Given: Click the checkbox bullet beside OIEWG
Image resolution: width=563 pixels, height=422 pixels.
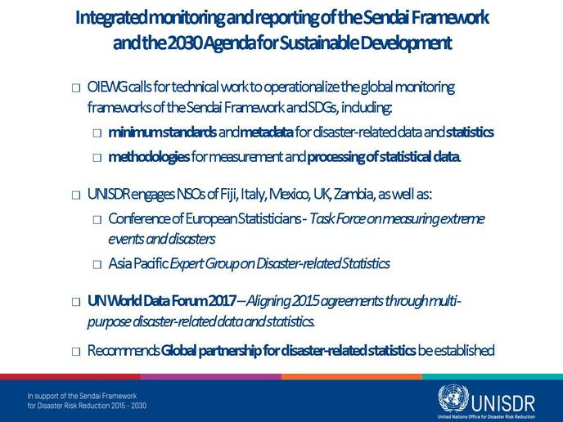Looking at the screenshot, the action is [x=76, y=88].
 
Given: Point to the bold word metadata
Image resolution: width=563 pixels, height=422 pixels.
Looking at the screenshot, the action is [x=267, y=132].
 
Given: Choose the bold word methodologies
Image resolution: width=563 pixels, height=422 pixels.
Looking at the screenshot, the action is [x=149, y=157].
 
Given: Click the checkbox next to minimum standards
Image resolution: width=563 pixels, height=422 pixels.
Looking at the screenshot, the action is [x=97, y=133].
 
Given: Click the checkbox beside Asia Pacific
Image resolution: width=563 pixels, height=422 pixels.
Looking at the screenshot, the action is [x=97, y=265].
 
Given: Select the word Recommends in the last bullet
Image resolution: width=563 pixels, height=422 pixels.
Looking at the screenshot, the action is [x=124, y=350].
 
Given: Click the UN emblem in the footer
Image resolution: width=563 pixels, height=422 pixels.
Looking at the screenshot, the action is [x=453, y=398].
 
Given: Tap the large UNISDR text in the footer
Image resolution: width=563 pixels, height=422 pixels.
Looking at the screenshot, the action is [x=503, y=404].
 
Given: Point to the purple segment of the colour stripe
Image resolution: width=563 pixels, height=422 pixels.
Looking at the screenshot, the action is [x=211, y=377].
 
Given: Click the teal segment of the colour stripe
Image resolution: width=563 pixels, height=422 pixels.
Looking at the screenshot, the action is [x=493, y=377].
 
